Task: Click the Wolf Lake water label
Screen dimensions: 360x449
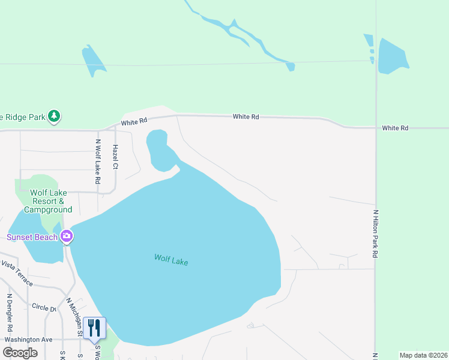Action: pos(171,260)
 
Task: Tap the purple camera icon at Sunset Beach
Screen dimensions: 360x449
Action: pos(67,236)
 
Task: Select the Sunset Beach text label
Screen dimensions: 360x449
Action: pos(32,237)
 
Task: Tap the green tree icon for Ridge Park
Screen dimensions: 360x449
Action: pos(55,115)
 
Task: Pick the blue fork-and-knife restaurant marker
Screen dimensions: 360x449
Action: pos(94,328)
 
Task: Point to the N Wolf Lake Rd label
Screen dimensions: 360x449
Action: pos(98,162)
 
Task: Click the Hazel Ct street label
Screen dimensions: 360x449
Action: pos(116,161)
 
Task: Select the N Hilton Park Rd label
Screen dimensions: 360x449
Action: pos(376,234)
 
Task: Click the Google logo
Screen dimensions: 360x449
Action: pos(20,353)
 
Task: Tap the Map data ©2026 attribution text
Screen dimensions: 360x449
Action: pos(424,355)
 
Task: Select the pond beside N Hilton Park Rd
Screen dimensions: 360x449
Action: pos(392,56)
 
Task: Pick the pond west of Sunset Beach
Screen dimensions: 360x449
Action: pos(36,240)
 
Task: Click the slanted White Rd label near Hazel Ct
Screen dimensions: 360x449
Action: pos(134,122)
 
